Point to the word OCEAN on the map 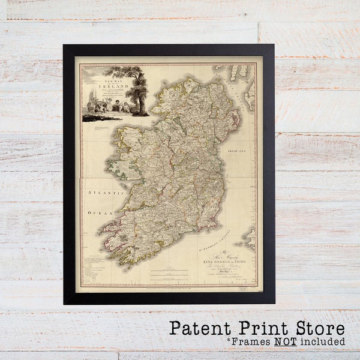100,212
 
